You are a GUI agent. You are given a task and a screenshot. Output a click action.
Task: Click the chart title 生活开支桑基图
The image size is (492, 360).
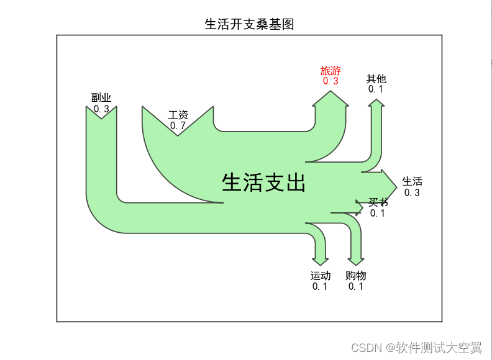click(x=249, y=25)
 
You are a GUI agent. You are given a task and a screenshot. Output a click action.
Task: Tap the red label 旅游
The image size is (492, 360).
click(x=330, y=71)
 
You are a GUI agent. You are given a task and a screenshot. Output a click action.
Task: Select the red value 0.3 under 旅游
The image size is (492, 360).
click(x=330, y=81)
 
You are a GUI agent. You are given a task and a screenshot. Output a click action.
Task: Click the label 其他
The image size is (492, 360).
click(x=376, y=79)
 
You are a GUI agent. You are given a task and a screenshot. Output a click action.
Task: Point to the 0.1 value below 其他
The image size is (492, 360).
click(x=376, y=89)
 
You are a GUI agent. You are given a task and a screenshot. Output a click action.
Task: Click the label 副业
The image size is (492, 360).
click(x=101, y=97)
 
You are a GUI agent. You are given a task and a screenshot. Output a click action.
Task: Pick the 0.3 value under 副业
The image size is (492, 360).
click(x=101, y=109)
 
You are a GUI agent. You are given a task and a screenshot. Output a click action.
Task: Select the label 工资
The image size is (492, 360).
click(x=178, y=115)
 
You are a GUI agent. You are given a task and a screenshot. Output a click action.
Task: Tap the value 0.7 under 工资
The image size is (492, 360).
click(x=178, y=125)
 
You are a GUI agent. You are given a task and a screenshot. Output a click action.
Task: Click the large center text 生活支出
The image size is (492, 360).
click(x=263, y=182)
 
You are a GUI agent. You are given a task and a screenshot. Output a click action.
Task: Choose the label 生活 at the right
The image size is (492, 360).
click(x=412, y=181)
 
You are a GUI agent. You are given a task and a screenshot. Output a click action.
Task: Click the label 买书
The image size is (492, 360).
click(x=378, y=202)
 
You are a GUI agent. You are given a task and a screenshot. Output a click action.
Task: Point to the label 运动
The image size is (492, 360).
click(x=321, y=276)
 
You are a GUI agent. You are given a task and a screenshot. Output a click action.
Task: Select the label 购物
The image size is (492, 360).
click(x=356, y=276)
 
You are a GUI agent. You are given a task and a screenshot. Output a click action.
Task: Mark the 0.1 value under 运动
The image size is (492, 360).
click(x=321, y=286)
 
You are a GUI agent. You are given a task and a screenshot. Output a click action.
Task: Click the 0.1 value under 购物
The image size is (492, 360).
click(x=356, y=286)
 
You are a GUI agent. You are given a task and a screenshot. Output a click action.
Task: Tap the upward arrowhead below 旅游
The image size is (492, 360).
click(x=330, y=99)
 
